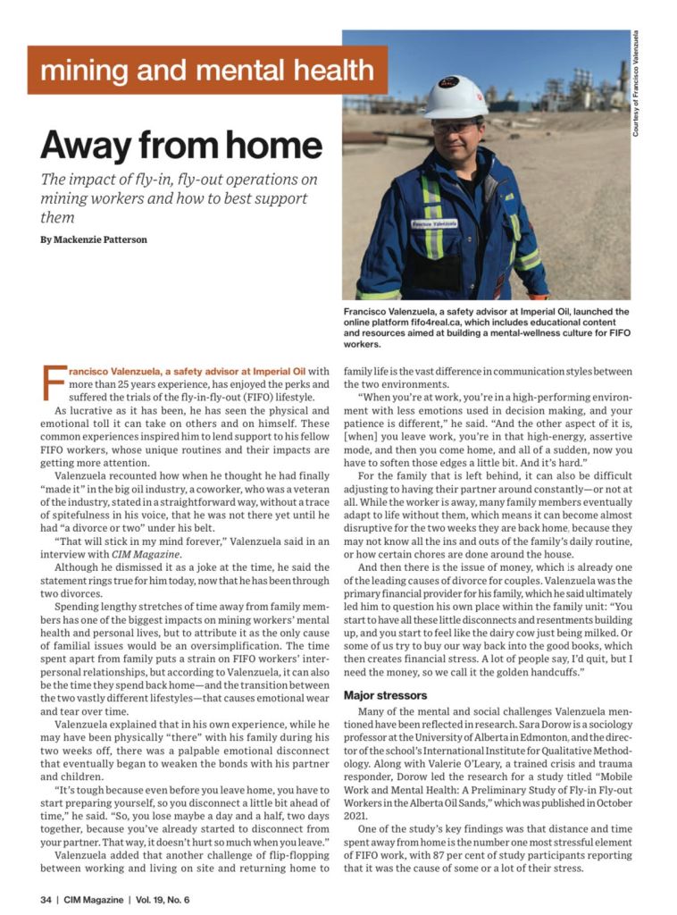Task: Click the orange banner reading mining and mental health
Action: tap(207, 70)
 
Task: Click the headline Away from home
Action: tap(181, 145)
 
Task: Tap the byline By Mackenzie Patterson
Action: tap(94, 239)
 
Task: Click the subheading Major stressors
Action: tap(386, 694)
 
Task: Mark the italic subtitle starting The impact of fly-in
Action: tap(174, 197)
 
